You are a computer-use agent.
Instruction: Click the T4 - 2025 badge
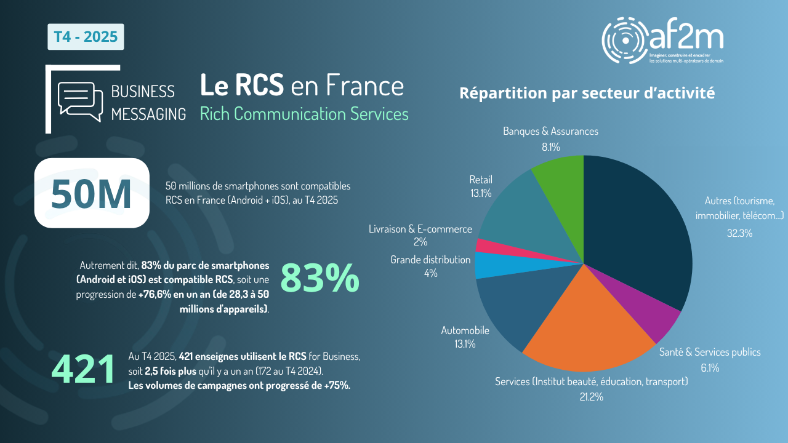click(x=86, y=37)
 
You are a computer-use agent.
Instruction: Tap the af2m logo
click(x=662, y=40)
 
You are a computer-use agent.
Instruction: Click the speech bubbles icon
click(x=79, y=101)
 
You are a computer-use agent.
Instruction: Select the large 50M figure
click(x=92, y=193)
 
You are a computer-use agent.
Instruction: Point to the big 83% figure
click(x=320, y=278)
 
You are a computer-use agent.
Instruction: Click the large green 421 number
click(x=84, y=370)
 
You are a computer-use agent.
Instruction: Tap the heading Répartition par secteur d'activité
click(x=587, y=94)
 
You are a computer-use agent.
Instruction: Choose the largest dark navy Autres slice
click(x=634, y=228)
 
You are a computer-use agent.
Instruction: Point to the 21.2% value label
click(x=591, y=397)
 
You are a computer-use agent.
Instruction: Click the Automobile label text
click(x=465, y=330)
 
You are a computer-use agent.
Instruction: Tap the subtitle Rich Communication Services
click(x=304, y=114)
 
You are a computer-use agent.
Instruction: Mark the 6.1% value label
click(x=709, y=368)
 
